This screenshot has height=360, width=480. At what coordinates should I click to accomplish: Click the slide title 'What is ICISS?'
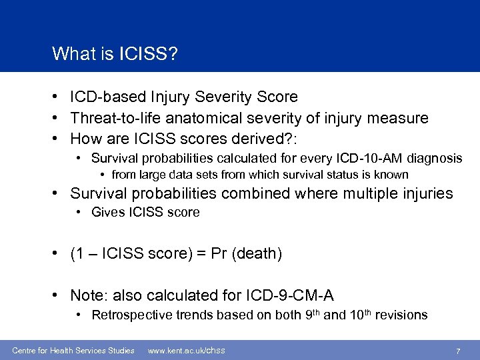point(115,53)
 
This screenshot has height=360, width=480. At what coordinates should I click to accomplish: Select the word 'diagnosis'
point(432,159)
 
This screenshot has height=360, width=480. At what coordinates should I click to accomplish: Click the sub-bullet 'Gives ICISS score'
point(145,213)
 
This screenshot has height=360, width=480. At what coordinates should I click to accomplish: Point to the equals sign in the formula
point(200,253)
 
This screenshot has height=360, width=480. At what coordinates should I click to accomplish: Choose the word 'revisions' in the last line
point(402,315)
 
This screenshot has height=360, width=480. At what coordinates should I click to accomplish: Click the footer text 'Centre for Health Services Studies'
point(73,351)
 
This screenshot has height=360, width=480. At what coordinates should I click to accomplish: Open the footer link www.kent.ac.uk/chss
point(186,351)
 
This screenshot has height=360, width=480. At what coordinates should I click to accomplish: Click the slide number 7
point(458,351)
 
